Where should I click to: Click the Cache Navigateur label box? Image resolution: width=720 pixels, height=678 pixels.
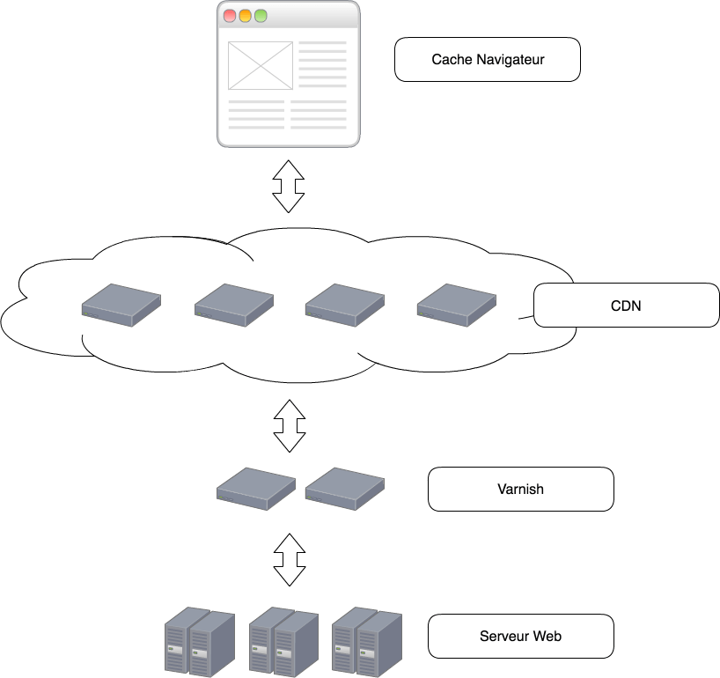tap(488, 60)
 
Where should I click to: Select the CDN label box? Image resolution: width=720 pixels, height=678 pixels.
tap(626, 306)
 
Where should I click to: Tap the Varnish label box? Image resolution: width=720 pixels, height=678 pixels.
tap(520, 489)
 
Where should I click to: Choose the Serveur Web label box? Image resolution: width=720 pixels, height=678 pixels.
tap(520, 636)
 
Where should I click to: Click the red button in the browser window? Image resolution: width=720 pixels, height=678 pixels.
tap(231, 16)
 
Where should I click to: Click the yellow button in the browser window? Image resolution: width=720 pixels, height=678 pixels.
tap(246, 16)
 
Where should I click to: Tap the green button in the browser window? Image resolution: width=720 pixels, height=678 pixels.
tap(261, 16)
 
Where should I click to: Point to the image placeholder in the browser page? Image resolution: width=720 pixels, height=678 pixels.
tap(260, 65)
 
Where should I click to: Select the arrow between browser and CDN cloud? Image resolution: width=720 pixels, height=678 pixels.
tap(288, 185)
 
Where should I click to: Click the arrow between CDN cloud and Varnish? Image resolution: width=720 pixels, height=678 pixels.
tap(288, 425)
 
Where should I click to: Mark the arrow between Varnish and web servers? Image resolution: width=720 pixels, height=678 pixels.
tap(288, 558)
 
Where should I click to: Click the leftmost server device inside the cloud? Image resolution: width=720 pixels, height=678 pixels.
tap(121, 305)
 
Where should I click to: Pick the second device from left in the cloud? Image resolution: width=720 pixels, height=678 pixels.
tap(233, 305)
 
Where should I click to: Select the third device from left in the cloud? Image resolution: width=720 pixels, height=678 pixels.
tap(344, 305)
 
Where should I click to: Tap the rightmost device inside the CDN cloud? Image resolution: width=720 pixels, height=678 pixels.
tap(456, 305)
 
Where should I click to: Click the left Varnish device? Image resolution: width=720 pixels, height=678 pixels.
tap(256, 489)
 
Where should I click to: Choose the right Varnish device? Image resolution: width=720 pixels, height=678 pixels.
tap(344, 489)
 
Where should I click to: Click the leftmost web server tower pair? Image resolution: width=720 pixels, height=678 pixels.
tap(200, 641)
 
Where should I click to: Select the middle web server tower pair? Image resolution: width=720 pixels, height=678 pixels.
tap(283, 641)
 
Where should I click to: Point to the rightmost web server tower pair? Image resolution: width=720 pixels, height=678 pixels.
tap(367, 641)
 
